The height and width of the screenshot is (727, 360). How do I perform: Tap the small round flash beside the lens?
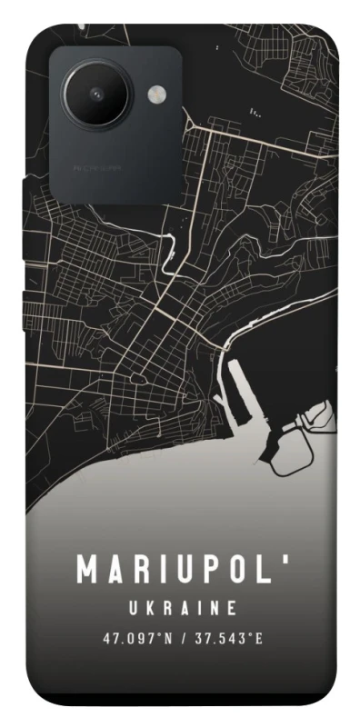[x=156, y=92]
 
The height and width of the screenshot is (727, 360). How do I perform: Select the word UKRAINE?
[x=182, y=607]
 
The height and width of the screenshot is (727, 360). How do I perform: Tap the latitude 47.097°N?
[x=135, y=638]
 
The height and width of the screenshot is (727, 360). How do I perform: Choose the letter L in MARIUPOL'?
[x=264, y=570]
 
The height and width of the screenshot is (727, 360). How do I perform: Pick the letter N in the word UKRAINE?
[x=215, y=607]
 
